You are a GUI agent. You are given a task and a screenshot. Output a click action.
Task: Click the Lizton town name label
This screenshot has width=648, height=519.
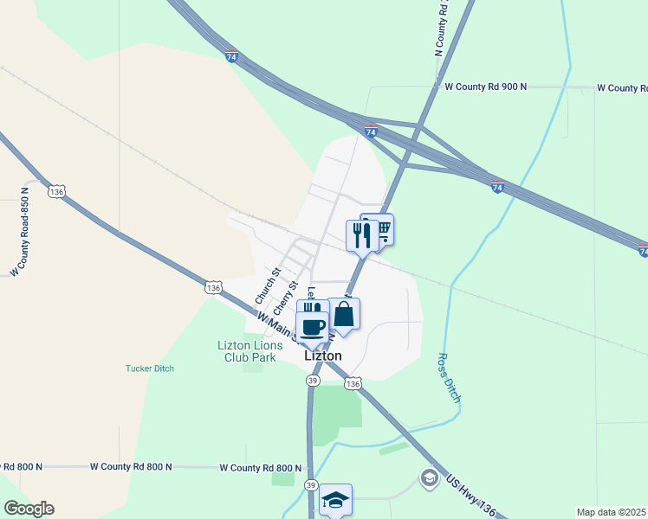pos(323,356)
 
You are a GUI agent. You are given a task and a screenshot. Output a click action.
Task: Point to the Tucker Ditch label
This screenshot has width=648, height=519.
pos(150,368)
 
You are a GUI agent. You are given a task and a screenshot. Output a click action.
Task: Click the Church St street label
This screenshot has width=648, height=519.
pos(268,285)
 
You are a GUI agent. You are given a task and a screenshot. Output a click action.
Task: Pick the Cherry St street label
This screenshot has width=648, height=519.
pos(285,298)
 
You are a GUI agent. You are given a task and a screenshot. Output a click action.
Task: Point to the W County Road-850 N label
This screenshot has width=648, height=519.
pos(19,232)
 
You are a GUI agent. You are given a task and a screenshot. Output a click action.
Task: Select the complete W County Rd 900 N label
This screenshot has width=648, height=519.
pos(485,86)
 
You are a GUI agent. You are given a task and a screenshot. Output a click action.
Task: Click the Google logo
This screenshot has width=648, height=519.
pos(29,509)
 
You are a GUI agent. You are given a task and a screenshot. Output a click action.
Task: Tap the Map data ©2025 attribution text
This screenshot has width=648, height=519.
pos(611,512)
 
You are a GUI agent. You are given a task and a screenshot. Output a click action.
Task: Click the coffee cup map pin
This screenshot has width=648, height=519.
pos(313,328)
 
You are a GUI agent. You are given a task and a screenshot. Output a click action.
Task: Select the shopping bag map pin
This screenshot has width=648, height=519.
pos(344,315)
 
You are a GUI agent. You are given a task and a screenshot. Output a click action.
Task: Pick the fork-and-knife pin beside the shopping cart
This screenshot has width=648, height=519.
pos(362,235)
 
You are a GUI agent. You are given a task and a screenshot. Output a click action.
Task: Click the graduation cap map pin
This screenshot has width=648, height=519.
pos(335,500)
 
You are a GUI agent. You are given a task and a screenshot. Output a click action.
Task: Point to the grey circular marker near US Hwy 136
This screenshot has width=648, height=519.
pos(429,477)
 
